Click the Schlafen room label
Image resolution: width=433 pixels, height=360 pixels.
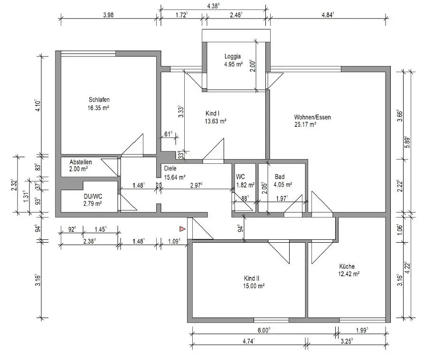pyautogui.click(x=99, y=100)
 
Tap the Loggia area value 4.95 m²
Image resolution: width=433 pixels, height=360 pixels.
pyautogui.click(x=234, y=64)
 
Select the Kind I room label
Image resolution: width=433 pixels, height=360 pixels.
pyautogui.click(x=212, y=114)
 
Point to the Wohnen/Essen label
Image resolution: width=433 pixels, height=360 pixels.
pyautogui.click(x=312, y=117)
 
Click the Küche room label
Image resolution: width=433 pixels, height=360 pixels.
pyautogui.click(x=347, y=266)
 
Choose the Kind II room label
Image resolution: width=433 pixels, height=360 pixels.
pyautogui.click(x=251, y=278)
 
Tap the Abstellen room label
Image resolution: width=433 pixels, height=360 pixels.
pyautogui.click(x=80, y=162)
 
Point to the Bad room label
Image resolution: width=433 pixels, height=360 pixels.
pyautogui.click(x=279, y=177)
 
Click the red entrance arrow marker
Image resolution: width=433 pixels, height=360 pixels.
pyautogui.click(x=181, y=229)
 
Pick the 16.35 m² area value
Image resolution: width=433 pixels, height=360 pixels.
pyautogui.click(x=99, y=108)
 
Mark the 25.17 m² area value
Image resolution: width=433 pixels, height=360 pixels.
pyautogui.click(x=305, y=125)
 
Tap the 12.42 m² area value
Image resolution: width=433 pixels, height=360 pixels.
pyautogui.click(x=349, y=274)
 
